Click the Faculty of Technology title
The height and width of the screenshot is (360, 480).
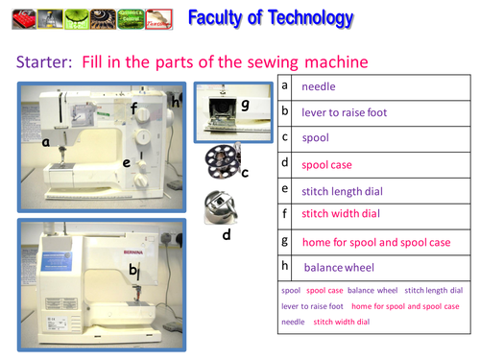270,17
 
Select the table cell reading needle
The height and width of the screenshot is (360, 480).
319,86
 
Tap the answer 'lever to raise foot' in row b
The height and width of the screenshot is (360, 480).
344,112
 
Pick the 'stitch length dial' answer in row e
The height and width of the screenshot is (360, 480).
343,190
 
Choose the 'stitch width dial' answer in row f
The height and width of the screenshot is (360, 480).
341,214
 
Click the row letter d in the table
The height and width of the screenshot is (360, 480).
285,163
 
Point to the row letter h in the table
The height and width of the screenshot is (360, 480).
285,266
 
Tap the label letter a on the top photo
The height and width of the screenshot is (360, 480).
45,141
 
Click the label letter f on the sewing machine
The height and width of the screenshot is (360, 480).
134,108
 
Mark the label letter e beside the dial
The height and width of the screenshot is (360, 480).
126,163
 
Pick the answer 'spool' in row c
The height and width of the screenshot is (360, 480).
315,138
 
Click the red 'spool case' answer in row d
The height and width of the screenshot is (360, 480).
327,164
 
